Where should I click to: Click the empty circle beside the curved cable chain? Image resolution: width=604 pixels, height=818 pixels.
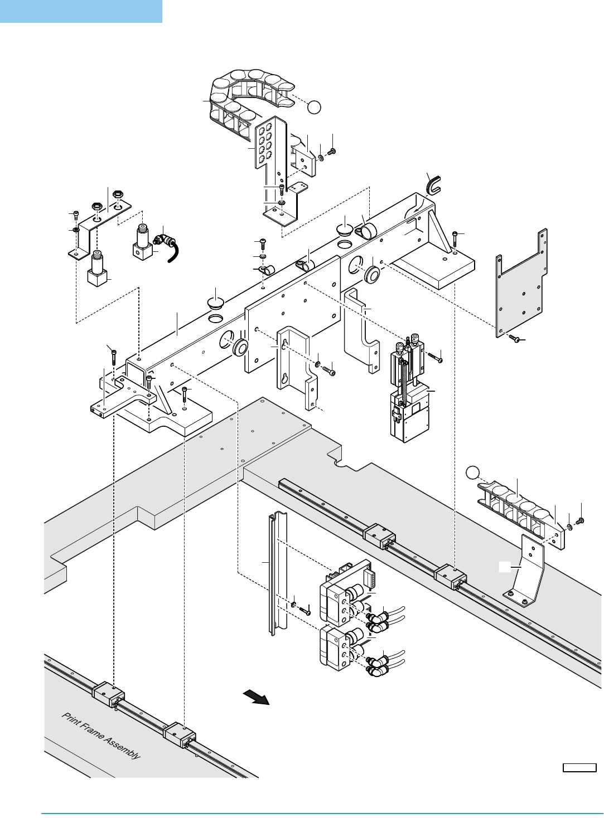(314, 107)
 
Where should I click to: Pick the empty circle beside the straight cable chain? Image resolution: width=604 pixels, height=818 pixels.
(472, 473)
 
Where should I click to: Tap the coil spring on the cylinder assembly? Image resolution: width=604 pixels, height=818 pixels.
(405, 382)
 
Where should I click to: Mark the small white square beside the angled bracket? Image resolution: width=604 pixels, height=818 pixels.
(504, 567)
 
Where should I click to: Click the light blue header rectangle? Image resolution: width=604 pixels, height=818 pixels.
(81, 12)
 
